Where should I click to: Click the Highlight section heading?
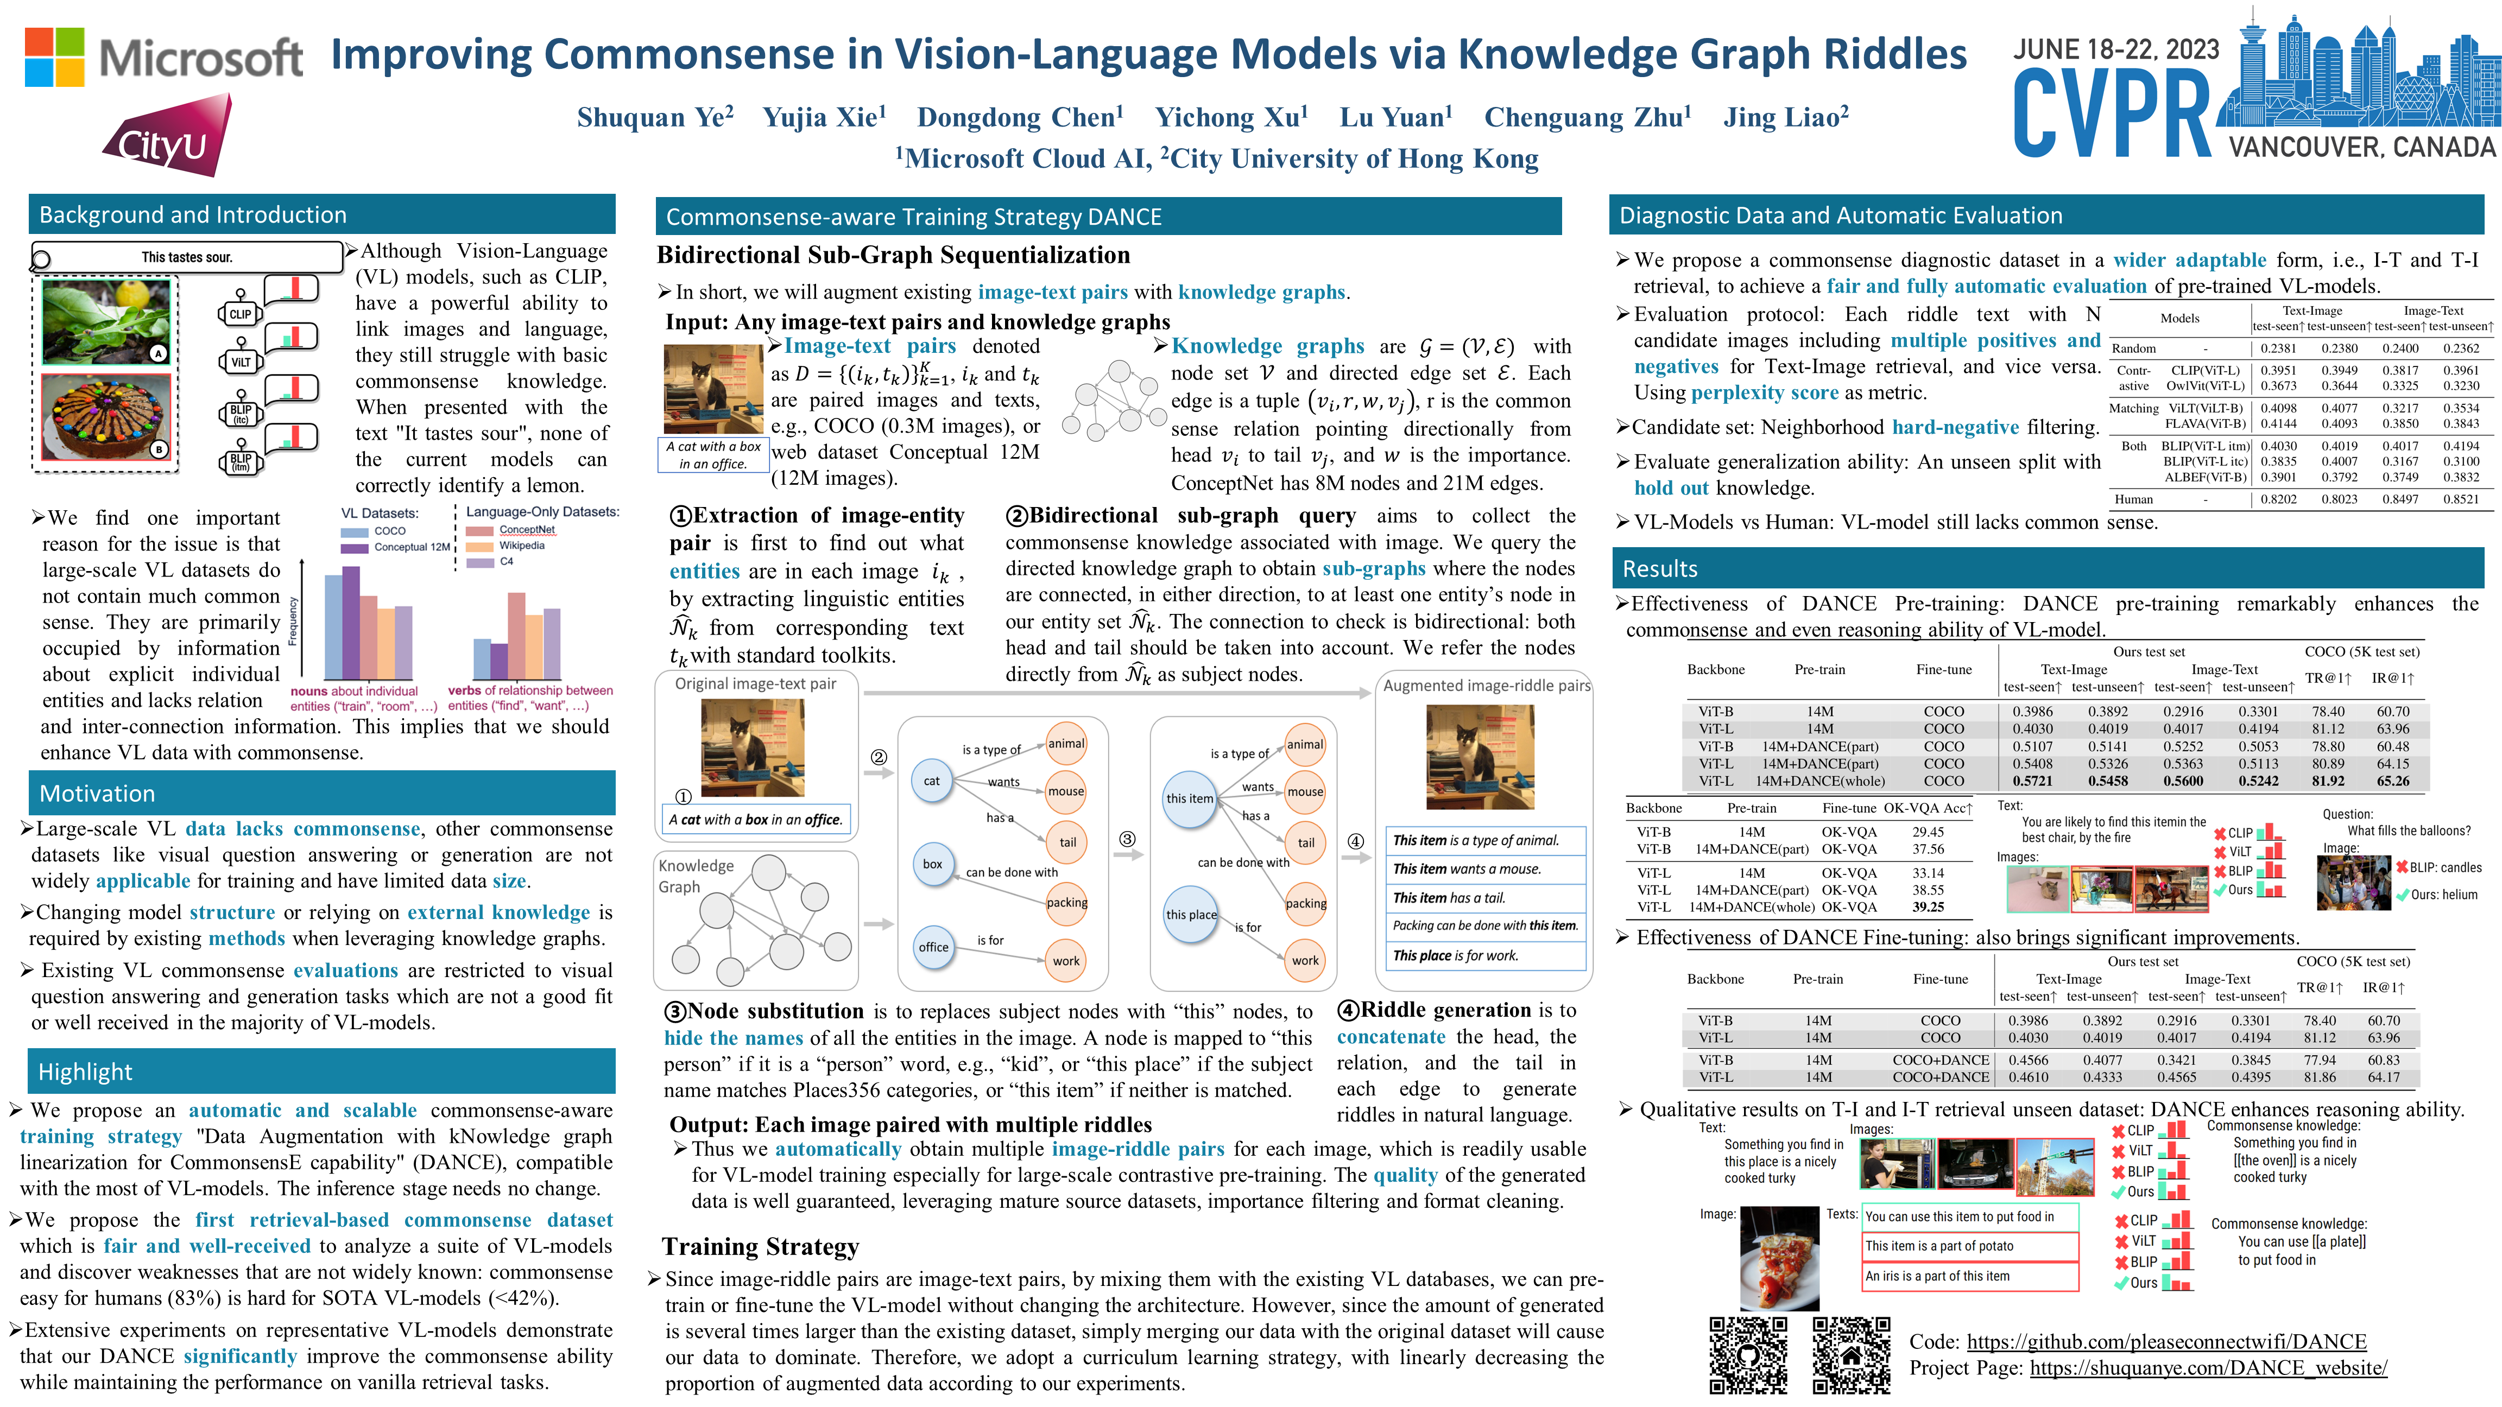pyautogui.click(x=85, y=1072)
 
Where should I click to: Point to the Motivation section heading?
pyautogui.click(x=97, y=793)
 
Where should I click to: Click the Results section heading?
pyautogui.click(x=1660, y=569)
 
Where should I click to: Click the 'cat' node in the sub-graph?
pyautogui.click(x=931, y=781)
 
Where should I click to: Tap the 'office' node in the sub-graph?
pyautogui.click(x=933, y=947)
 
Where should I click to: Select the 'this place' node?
pyautogui.click(x=1191, y=915)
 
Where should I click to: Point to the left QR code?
pyautogui.click(x=1748, y=1355)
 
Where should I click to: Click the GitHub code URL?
pyautogui.click(x=2166, y=1341)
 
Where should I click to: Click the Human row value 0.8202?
pyautogui.click(x=2278, y=499)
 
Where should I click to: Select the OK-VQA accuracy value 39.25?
pyautogui.click(x=1928, y=907)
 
